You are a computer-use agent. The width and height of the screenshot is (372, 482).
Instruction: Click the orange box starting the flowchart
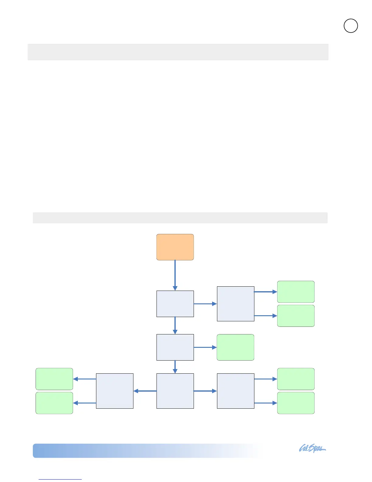point(175,247)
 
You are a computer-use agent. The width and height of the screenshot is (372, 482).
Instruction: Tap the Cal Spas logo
point(312,449)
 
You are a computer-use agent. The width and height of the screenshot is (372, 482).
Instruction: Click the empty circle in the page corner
point(351,26)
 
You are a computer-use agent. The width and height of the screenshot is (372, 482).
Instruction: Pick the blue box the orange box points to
point(175,304)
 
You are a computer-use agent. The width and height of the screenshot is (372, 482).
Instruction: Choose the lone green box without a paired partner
point(235,347)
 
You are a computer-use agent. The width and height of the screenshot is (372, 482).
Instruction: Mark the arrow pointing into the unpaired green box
point(205,347)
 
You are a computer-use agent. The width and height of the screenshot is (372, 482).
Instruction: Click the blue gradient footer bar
point(146,451)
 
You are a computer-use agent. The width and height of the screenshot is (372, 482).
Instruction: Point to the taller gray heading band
point(178,52)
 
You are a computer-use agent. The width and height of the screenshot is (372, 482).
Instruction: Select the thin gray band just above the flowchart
point(180,218)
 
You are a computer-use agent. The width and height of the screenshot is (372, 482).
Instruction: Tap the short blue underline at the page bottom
point(60,480)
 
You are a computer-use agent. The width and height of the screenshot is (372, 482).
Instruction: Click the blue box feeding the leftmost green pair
point(115,391)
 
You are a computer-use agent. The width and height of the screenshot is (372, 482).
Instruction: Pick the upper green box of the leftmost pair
point(54,379)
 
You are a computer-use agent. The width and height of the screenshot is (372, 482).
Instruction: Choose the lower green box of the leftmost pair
point(54,403)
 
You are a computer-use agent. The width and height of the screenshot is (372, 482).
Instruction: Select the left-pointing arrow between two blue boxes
point(145,391)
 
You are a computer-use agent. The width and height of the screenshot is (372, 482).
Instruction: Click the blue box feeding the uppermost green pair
point(236,304)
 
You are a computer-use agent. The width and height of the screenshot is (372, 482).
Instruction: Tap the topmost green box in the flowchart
point(296,292)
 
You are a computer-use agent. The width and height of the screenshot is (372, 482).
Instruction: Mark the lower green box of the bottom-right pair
point(296,403)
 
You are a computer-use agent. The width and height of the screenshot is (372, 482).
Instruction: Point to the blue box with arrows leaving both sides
point(175,391)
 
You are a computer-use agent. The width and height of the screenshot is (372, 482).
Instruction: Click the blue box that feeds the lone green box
point(175,347)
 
